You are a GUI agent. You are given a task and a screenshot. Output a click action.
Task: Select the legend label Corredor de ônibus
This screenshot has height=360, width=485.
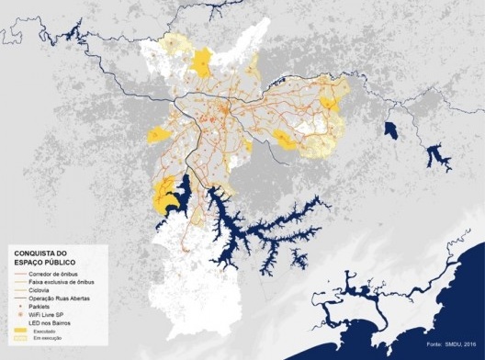click(53, 275)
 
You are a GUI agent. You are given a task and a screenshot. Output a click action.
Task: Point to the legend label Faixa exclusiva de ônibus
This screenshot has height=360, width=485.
click(61, 283)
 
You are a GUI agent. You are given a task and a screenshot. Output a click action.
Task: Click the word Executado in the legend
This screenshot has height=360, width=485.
click(43, 332)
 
